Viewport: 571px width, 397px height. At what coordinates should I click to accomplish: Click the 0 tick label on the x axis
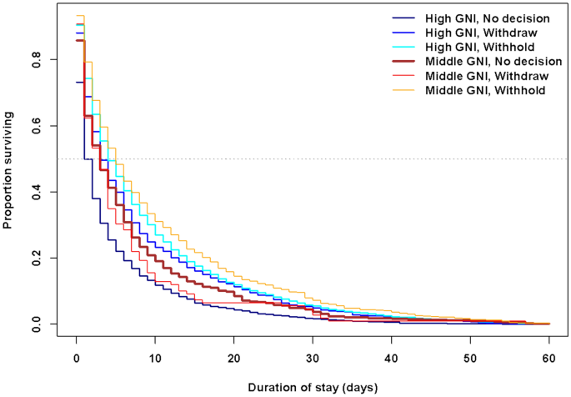pyautogui.click(x=76, y=358)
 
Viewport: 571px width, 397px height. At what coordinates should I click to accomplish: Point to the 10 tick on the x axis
pyautogui.click(x=155, y=358)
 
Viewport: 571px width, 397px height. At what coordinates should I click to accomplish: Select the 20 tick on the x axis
pyautogui.click(x=234, y=358)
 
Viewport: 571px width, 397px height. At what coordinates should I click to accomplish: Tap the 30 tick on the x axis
pyautogui.click(x=313, y=358)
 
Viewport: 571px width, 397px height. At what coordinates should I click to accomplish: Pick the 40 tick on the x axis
pyautogui.click(x=392, y=358)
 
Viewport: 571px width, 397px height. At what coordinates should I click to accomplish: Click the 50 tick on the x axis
pyautogui.click(x=471, y=358)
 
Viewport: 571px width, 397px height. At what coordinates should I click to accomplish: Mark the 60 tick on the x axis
pyautogui.click(x=549, y=358)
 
